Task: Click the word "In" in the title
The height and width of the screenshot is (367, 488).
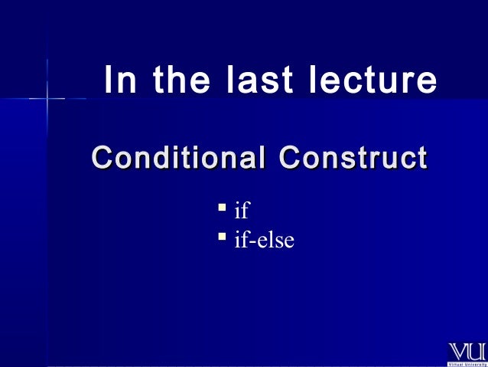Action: pos(117,80)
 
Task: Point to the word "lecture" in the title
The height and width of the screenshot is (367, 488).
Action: pos(373,80)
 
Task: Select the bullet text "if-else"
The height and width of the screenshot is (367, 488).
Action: pos(264,241)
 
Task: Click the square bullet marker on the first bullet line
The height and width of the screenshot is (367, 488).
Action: pos(221,207)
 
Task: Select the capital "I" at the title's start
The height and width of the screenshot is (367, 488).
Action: pos(108,80)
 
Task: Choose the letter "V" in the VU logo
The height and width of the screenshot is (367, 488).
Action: pos(457,352)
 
